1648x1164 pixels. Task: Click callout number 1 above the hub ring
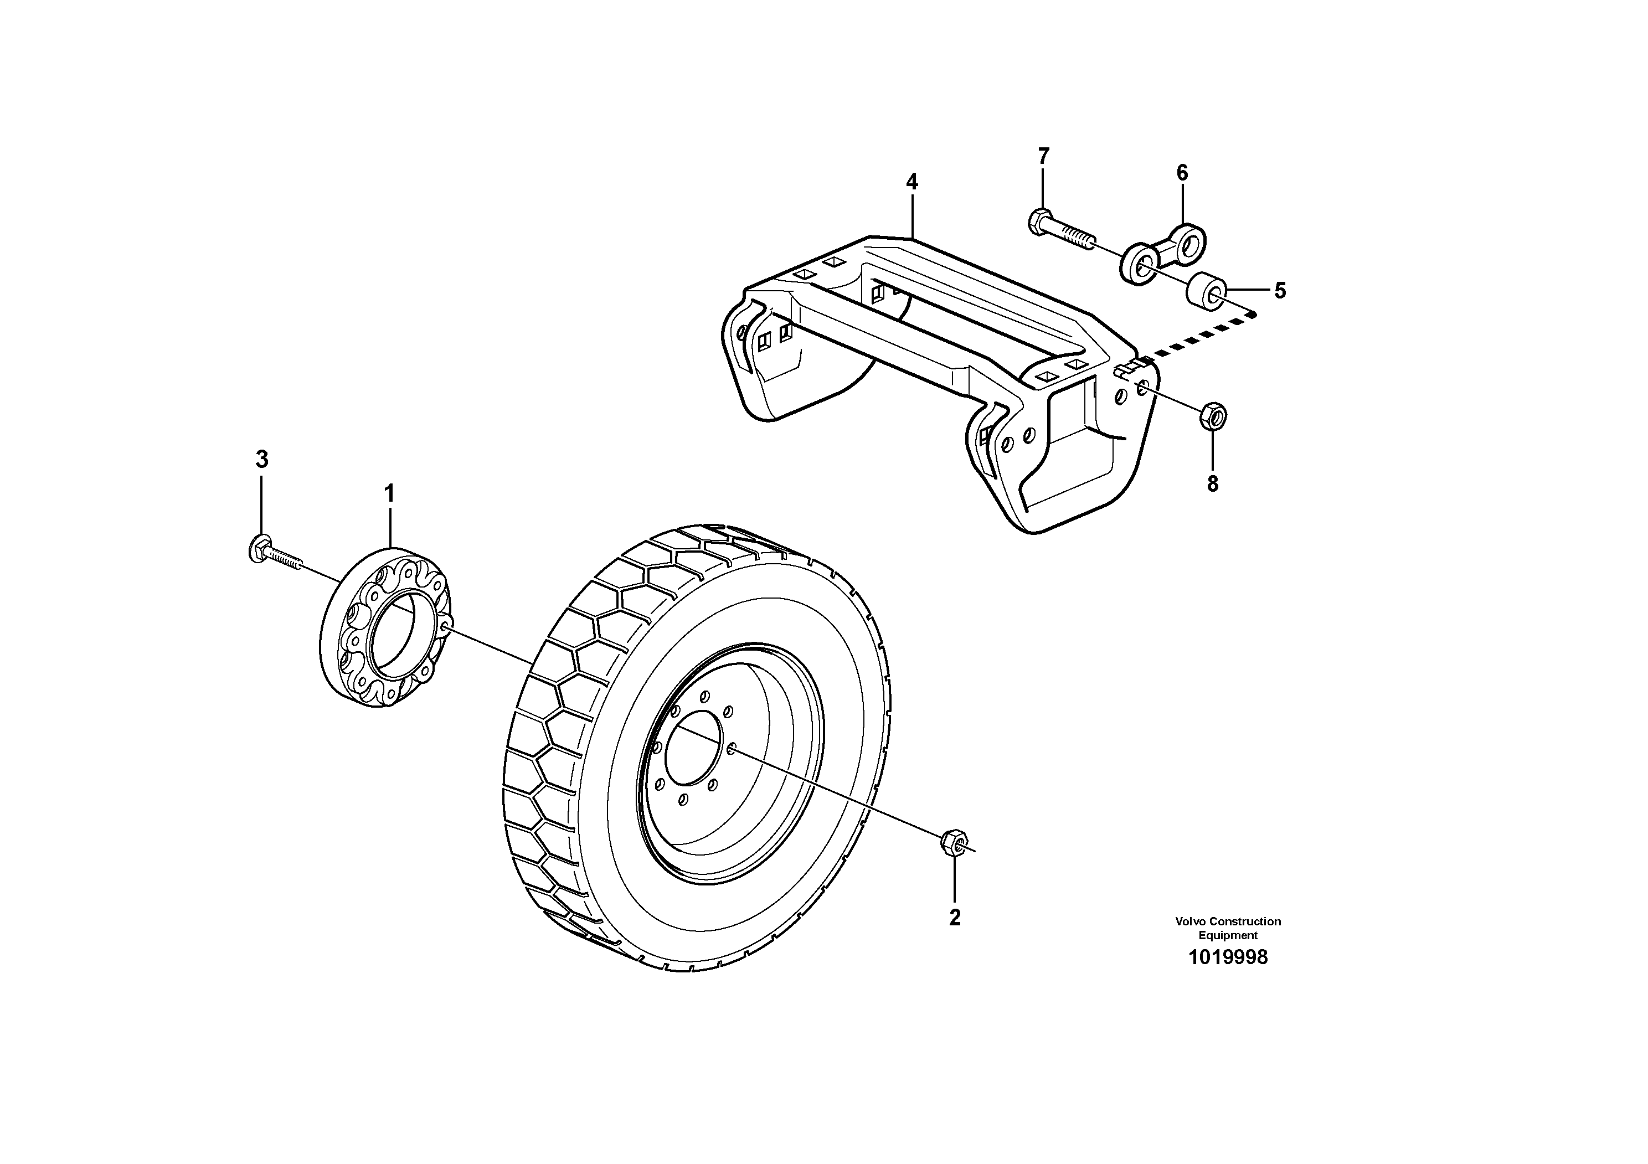389,494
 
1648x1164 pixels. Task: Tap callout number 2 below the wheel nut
955,917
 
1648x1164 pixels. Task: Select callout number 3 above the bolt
262,459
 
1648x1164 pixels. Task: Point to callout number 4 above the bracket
911,182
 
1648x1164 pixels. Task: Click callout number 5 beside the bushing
1280,291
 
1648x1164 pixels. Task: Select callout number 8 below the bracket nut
1212,483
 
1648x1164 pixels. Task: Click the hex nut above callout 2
953,841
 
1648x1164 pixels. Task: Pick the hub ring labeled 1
386,627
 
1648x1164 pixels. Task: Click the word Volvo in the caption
1190,921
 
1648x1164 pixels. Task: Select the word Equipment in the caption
1228,935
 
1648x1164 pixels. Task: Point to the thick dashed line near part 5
1199,336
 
